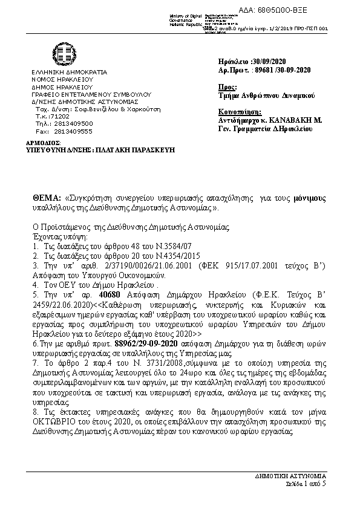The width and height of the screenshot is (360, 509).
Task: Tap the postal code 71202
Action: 61,115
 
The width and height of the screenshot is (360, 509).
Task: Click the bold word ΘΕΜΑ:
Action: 47,198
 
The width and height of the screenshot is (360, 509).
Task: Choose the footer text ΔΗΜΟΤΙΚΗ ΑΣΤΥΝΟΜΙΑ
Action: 299,476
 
